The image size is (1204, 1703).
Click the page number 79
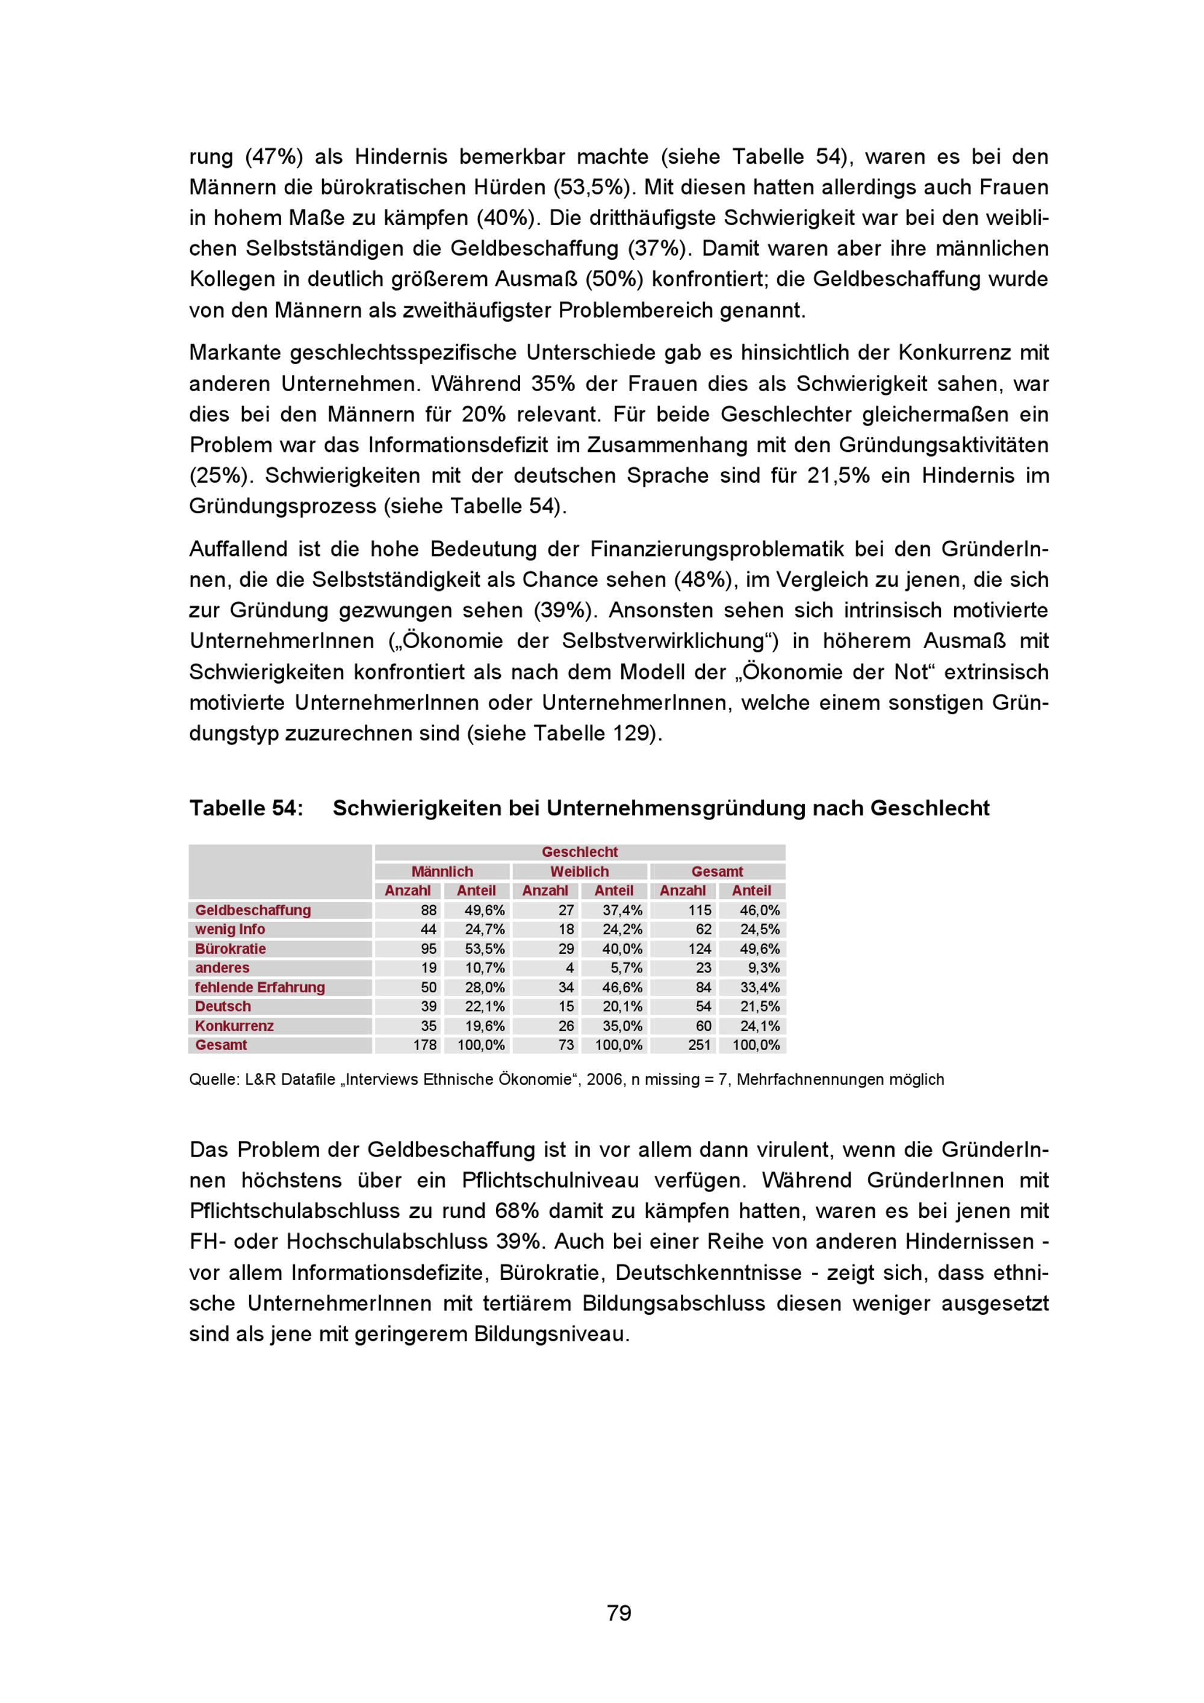pyautogui.click(x=619, y=1613)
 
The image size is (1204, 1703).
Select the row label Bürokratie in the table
pyautogui.click(x=230, y=948)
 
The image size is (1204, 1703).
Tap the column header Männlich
pyautogui.click(x=442, y=871)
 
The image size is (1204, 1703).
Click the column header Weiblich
pyautogui.click(x=579, y=871)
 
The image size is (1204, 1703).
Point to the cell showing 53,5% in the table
pyautogui.click(x=485, y=948)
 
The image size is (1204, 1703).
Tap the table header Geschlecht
pyautogui.click(x=579, y=852)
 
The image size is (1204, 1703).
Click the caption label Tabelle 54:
pyautogui.click(x=246, y=808)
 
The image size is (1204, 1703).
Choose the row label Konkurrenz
pyautogui.click(x=234, y=1026)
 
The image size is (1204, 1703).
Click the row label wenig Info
pyautogui.click(x=230, y=929)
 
